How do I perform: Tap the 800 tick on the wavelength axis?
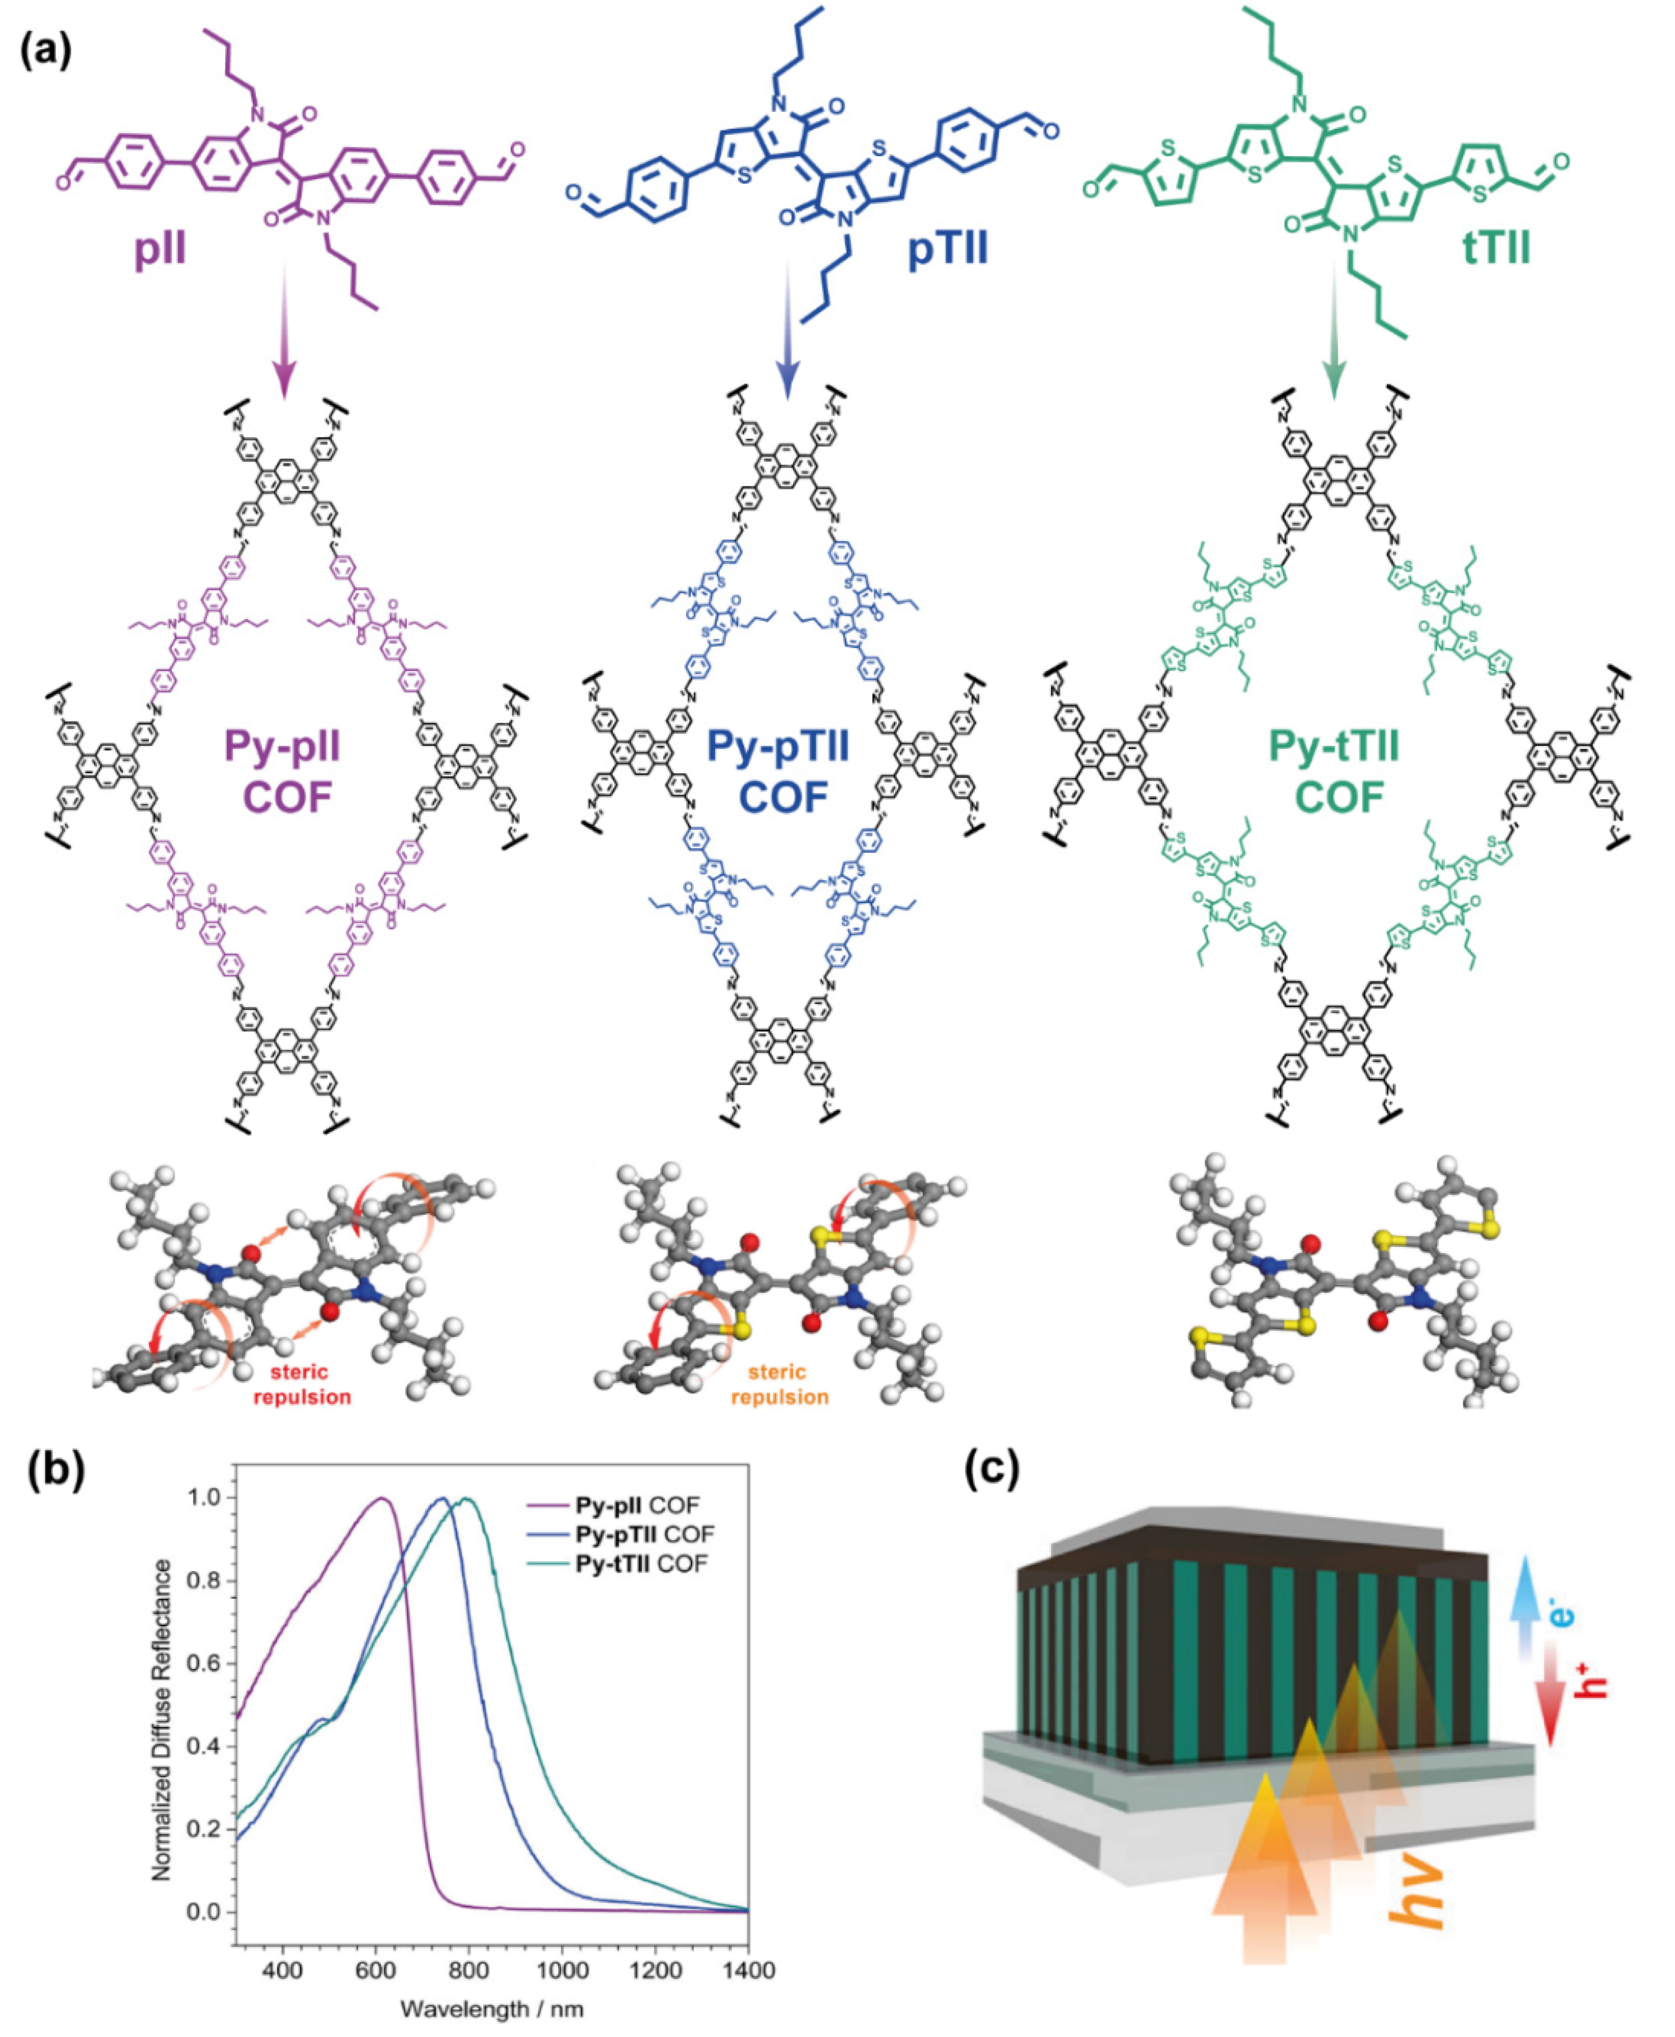(469, 1969)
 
